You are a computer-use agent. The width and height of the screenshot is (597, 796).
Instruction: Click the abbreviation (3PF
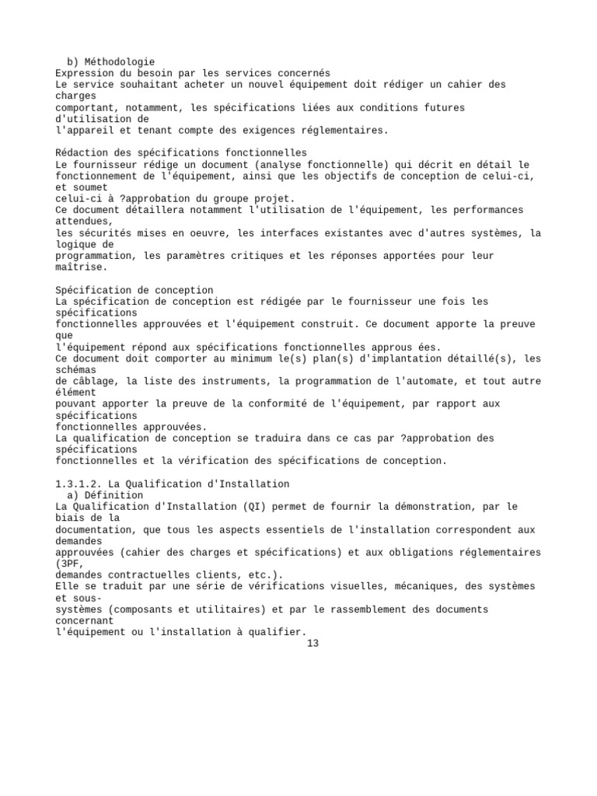pyautogui.click(x=68, y=564)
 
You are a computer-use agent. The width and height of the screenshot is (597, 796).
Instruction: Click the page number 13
pyautogui.click(x=313, y=644)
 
